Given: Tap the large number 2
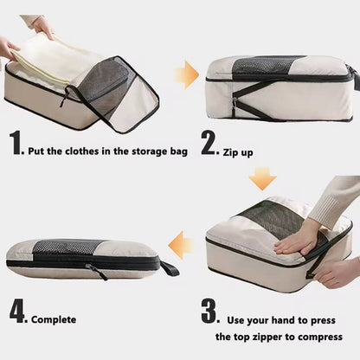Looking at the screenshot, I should click(x=209, y=144).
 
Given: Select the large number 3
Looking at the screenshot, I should click(x=209, y=309).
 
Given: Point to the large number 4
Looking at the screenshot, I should click(x=19, y=309).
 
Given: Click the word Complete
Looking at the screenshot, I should click(x=55, y=320).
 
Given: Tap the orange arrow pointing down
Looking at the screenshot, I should click(x=262, y=179).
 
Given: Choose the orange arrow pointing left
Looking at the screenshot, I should click(x=180, y=247).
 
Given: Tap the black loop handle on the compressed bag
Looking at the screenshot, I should click(x=169, y=268).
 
